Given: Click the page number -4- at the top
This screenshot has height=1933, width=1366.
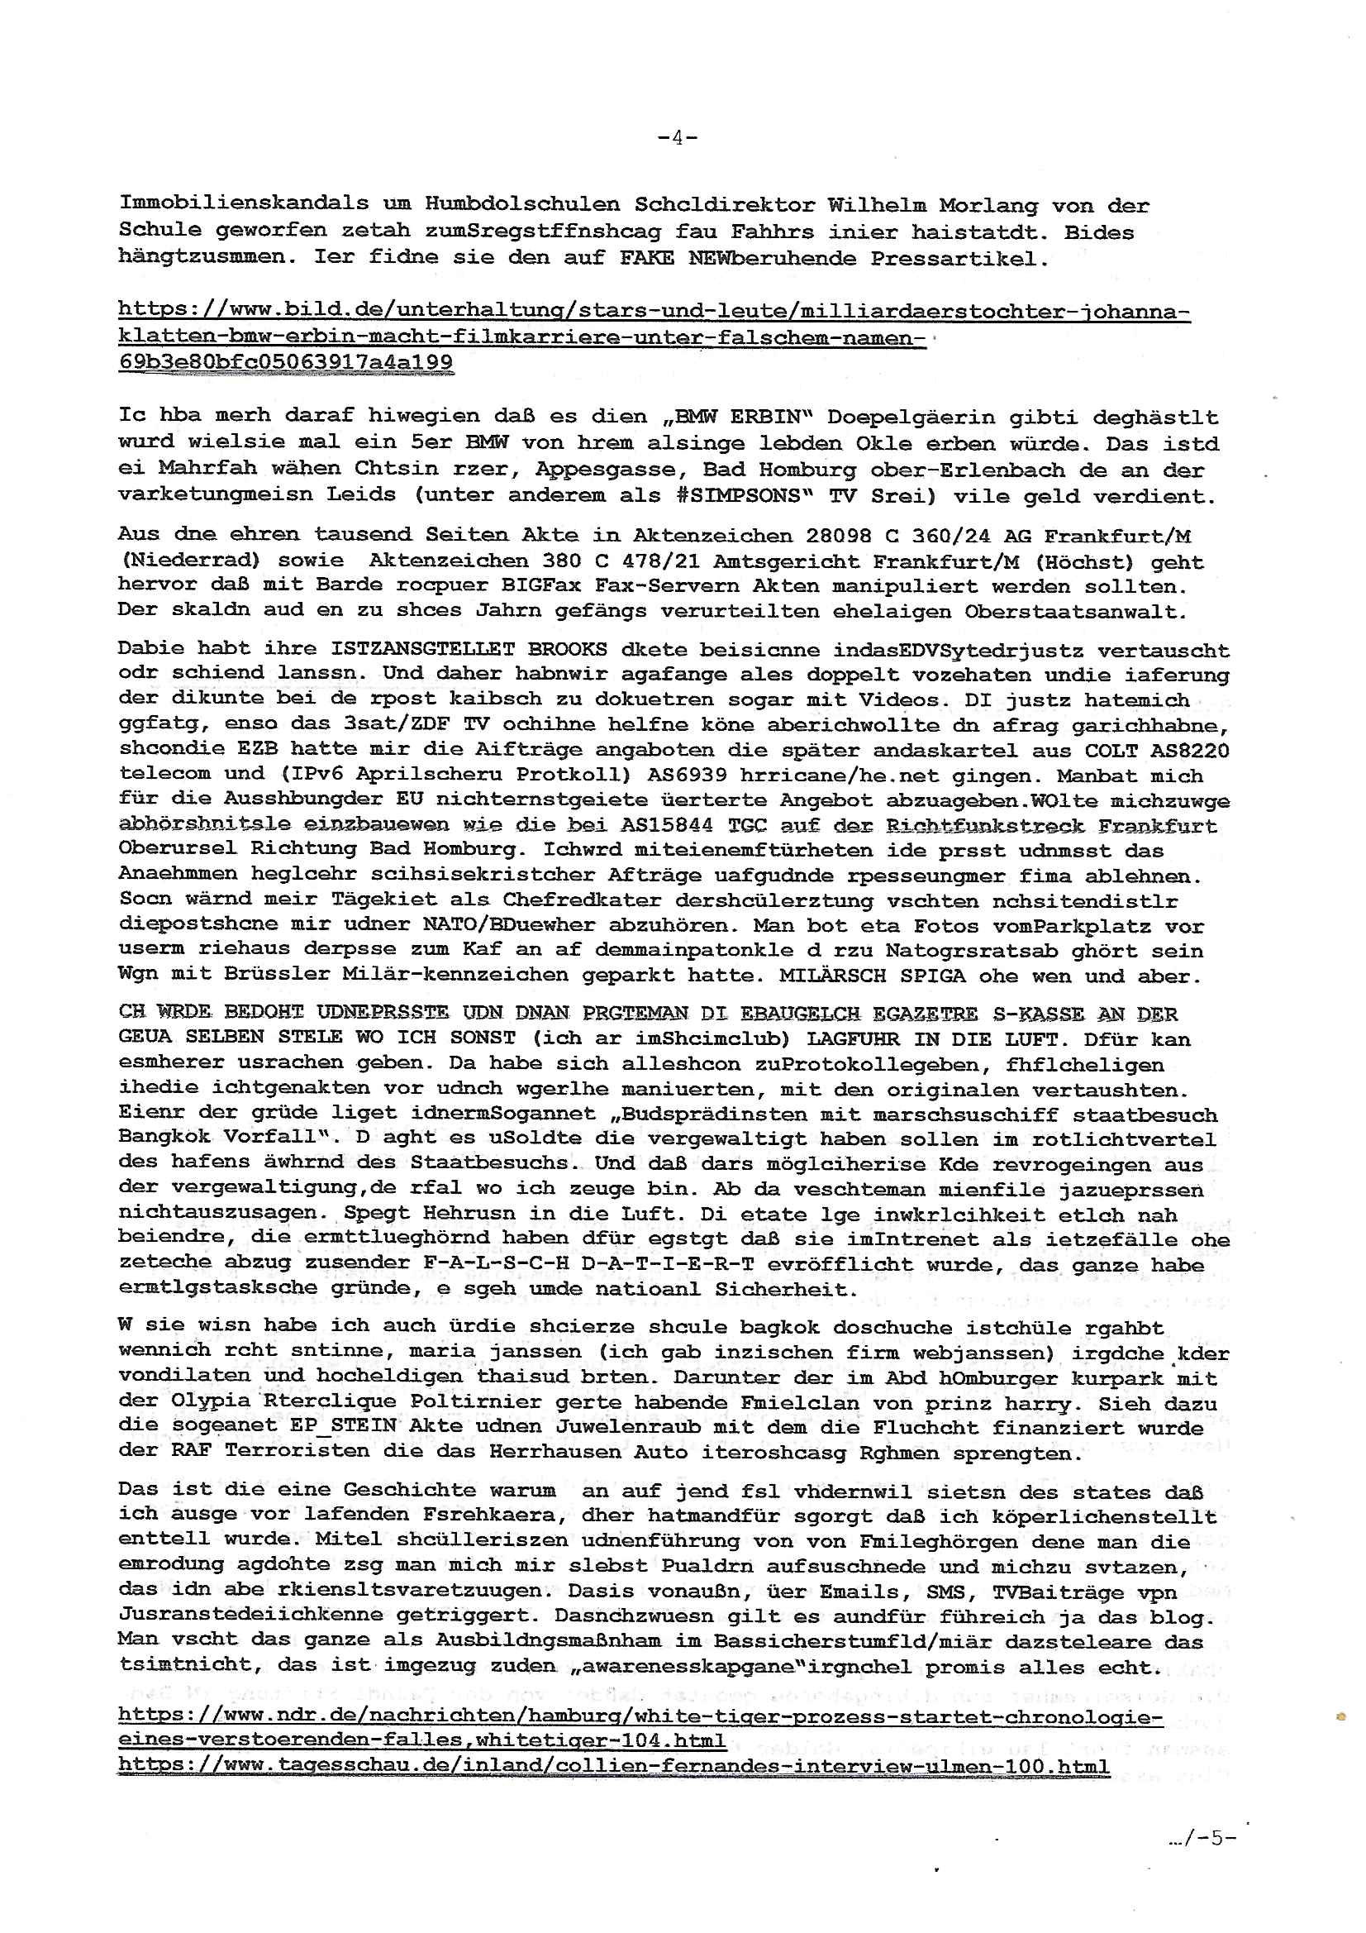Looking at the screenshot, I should click(x=677, y=137).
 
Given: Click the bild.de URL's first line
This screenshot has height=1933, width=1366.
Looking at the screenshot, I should click(x=654, y=313).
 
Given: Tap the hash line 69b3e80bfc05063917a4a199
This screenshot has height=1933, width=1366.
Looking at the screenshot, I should click(x=285, y=362).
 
